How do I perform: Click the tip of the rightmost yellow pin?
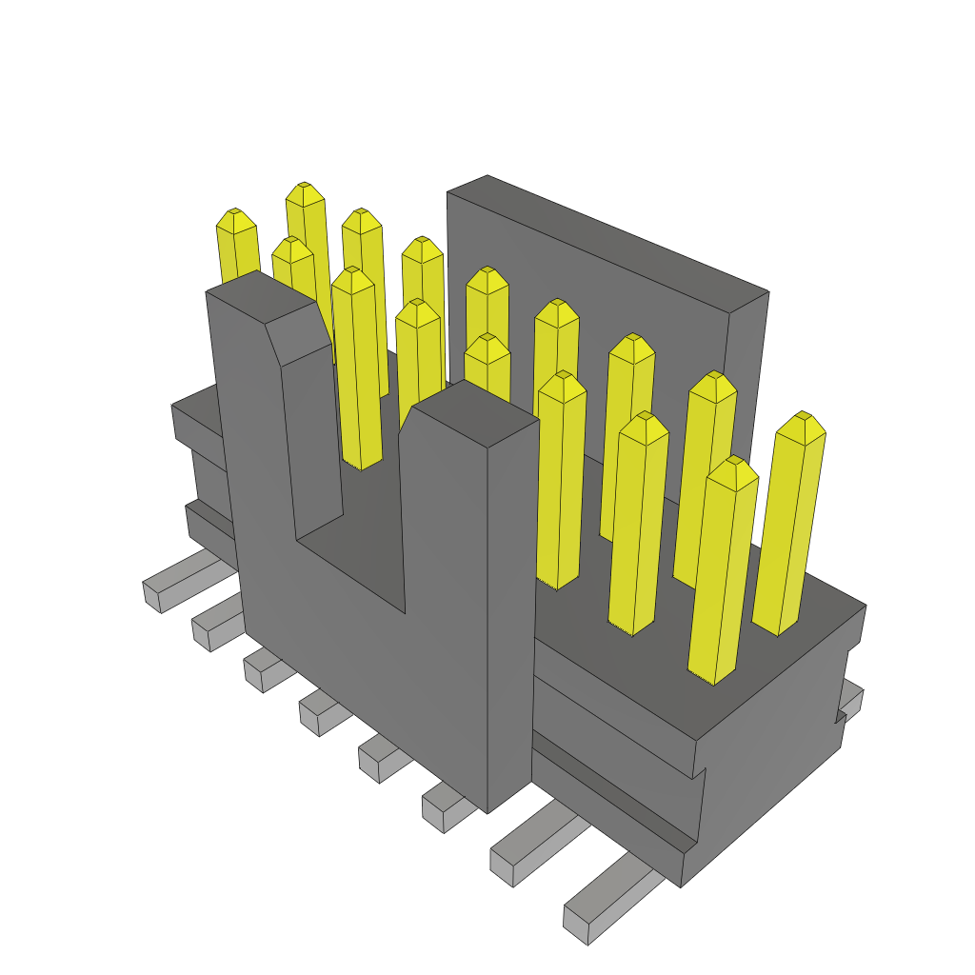pos(801,423)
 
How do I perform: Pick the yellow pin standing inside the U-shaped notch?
pos(358,371)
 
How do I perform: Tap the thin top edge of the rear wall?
pos(609,233)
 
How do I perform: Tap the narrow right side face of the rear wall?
pos(745,381)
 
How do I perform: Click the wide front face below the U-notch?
pos(381,686)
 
